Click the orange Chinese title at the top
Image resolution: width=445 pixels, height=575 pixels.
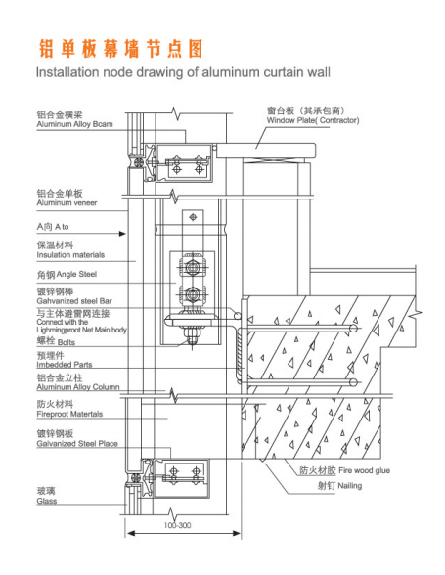120,49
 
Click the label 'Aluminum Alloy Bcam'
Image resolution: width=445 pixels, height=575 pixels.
74,124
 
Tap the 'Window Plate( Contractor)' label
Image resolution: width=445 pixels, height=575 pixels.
313,120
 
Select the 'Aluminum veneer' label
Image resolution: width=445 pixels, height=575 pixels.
67,202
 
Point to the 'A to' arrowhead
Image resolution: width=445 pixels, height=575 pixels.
122,233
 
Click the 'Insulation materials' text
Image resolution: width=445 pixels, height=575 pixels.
70,255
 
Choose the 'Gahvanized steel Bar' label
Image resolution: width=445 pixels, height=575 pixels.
74,301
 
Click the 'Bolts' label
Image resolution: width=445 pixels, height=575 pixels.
67,342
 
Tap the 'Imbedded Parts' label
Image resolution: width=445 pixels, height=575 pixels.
65,365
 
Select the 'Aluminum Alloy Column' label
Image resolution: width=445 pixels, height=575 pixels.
78,387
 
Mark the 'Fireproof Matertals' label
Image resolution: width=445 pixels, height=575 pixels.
69,414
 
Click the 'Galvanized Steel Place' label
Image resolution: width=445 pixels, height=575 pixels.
77,444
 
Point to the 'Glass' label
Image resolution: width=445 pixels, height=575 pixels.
47,501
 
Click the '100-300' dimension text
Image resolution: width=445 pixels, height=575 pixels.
178,525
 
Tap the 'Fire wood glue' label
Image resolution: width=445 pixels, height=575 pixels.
364,470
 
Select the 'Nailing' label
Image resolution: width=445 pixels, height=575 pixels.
349,486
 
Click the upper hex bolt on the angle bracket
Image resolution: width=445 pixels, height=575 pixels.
192,267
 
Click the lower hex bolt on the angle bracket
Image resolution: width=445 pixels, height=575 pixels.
192,293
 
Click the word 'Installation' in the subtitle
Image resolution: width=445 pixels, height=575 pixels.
67,72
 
